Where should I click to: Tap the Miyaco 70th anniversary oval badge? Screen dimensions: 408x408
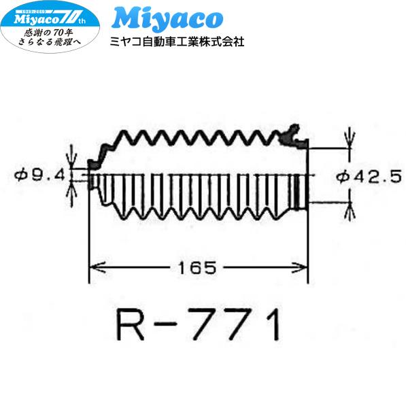click(51, 26)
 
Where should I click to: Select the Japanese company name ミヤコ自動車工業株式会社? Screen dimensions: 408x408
click(177, 41)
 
